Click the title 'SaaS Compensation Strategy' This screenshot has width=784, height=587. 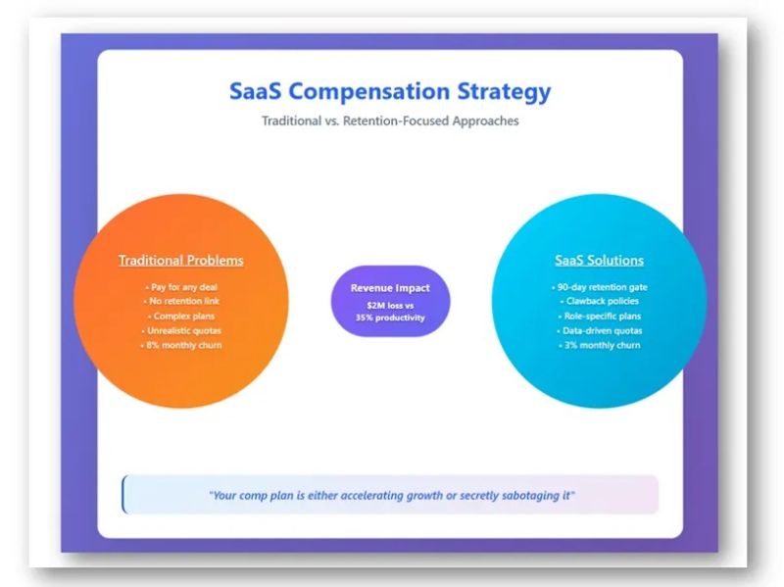click(390, 92)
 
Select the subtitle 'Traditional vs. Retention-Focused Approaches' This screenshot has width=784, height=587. click(390, 122)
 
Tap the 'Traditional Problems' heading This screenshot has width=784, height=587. click(181, 261)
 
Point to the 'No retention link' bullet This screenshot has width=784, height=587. click(181, 302)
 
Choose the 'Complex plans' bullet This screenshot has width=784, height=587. click(181, 317)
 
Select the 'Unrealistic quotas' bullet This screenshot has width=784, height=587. click(181, 330)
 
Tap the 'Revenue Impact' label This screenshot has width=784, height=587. click(390, 288)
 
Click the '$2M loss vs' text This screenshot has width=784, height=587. click(390, 306)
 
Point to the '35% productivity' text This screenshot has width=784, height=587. click(390, 318)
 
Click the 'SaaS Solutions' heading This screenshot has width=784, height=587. click(599, 261)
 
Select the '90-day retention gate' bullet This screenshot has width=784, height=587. click(599, 287)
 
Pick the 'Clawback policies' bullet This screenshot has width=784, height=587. click(599, 302)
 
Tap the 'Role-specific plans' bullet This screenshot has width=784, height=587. click(599, 317)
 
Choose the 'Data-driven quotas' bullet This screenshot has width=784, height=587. click(599, 330)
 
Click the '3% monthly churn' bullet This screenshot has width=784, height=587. click(599, 345)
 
